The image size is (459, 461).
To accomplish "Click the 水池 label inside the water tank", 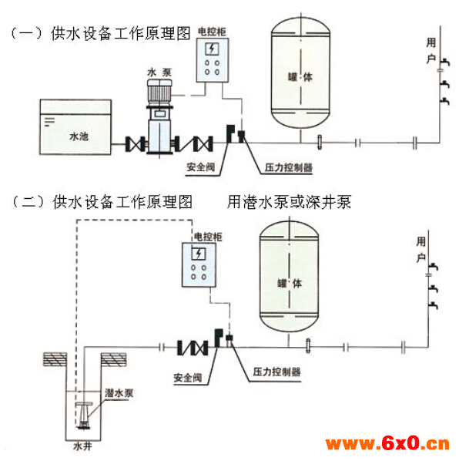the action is [79, 136].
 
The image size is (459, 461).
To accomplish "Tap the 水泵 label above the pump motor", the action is [159, 72].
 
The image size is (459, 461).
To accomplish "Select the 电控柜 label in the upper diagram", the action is [212, 32].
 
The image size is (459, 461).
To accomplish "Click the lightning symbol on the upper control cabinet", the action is [212, 49].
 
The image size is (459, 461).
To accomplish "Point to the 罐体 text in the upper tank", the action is [300, 77].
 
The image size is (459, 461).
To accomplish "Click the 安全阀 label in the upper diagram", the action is [200, 167].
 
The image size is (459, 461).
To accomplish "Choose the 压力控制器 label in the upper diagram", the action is [288, 167].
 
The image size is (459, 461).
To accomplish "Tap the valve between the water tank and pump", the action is [135, 143].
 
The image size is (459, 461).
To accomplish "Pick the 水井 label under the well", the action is [82, 446].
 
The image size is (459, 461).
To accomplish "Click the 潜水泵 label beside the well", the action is [119, 393].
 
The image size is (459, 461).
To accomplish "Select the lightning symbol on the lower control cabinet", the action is [199, 254].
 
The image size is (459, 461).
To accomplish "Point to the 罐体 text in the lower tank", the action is [290, 284].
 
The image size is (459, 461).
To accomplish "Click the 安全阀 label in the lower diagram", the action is [188, 378].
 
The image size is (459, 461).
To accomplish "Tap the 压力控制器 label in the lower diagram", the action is [276, 372].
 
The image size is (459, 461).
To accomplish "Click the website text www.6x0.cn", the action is [387, 443].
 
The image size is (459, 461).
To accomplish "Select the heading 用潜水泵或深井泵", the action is [289, 202].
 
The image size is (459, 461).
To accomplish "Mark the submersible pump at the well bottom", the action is [83, 416].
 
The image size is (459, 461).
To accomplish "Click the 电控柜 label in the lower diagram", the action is [208, 237].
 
